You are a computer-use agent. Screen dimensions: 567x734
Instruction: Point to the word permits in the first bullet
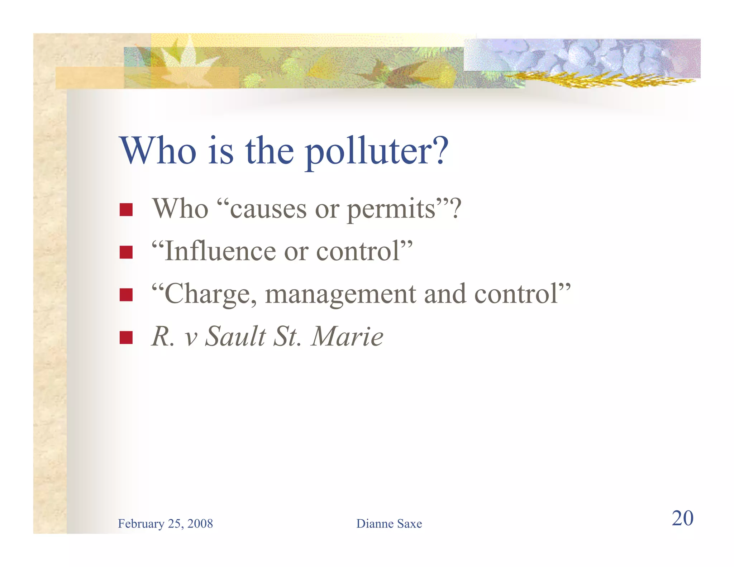pyautogui.click(x=391, y=210)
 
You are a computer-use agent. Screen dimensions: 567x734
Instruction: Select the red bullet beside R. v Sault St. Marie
pyautogui.click(x=126, y=337)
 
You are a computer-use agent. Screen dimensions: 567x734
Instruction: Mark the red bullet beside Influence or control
pyautogui.click(x=126, y=252)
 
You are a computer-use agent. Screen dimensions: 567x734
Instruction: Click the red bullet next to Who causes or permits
pyautogui.click(x=126, y=210)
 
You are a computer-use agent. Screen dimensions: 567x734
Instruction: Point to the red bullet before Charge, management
pyautogui.click(x=126, y=295)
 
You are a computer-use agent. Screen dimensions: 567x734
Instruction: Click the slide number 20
pyautogui.click(x=682, y=518)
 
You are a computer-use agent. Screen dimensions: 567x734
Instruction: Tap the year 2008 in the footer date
pyautogui.click(x=200, y=524)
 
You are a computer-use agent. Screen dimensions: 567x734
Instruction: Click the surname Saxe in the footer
pyautogui.click(x=410, y=524)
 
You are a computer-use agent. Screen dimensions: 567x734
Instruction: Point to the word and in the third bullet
pyautogui.click(x=445, y=294)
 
